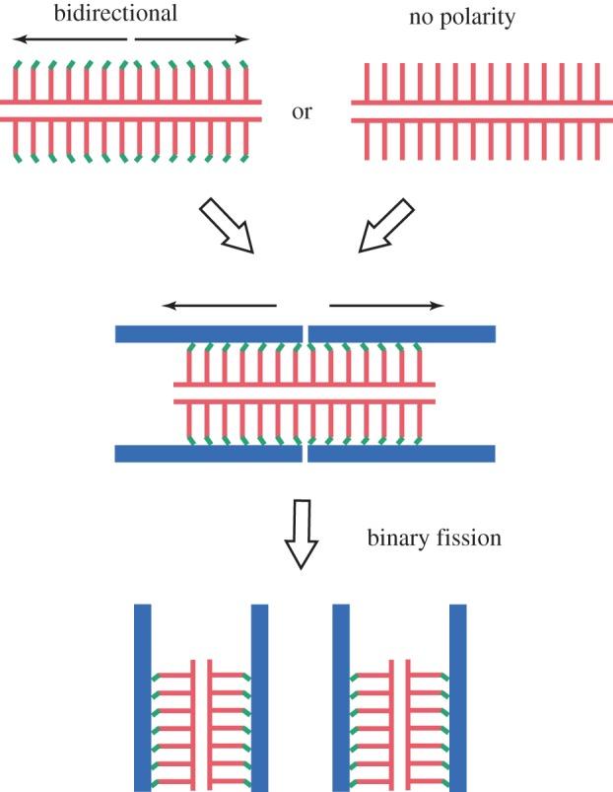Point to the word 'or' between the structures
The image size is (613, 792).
[x=302, y=111]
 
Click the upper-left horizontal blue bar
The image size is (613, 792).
[x=208, y=333]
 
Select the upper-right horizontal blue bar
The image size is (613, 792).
[x=401, y=333]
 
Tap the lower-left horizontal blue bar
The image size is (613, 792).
[x=208, y=453]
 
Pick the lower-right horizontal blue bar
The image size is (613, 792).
[x=401, y=453]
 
